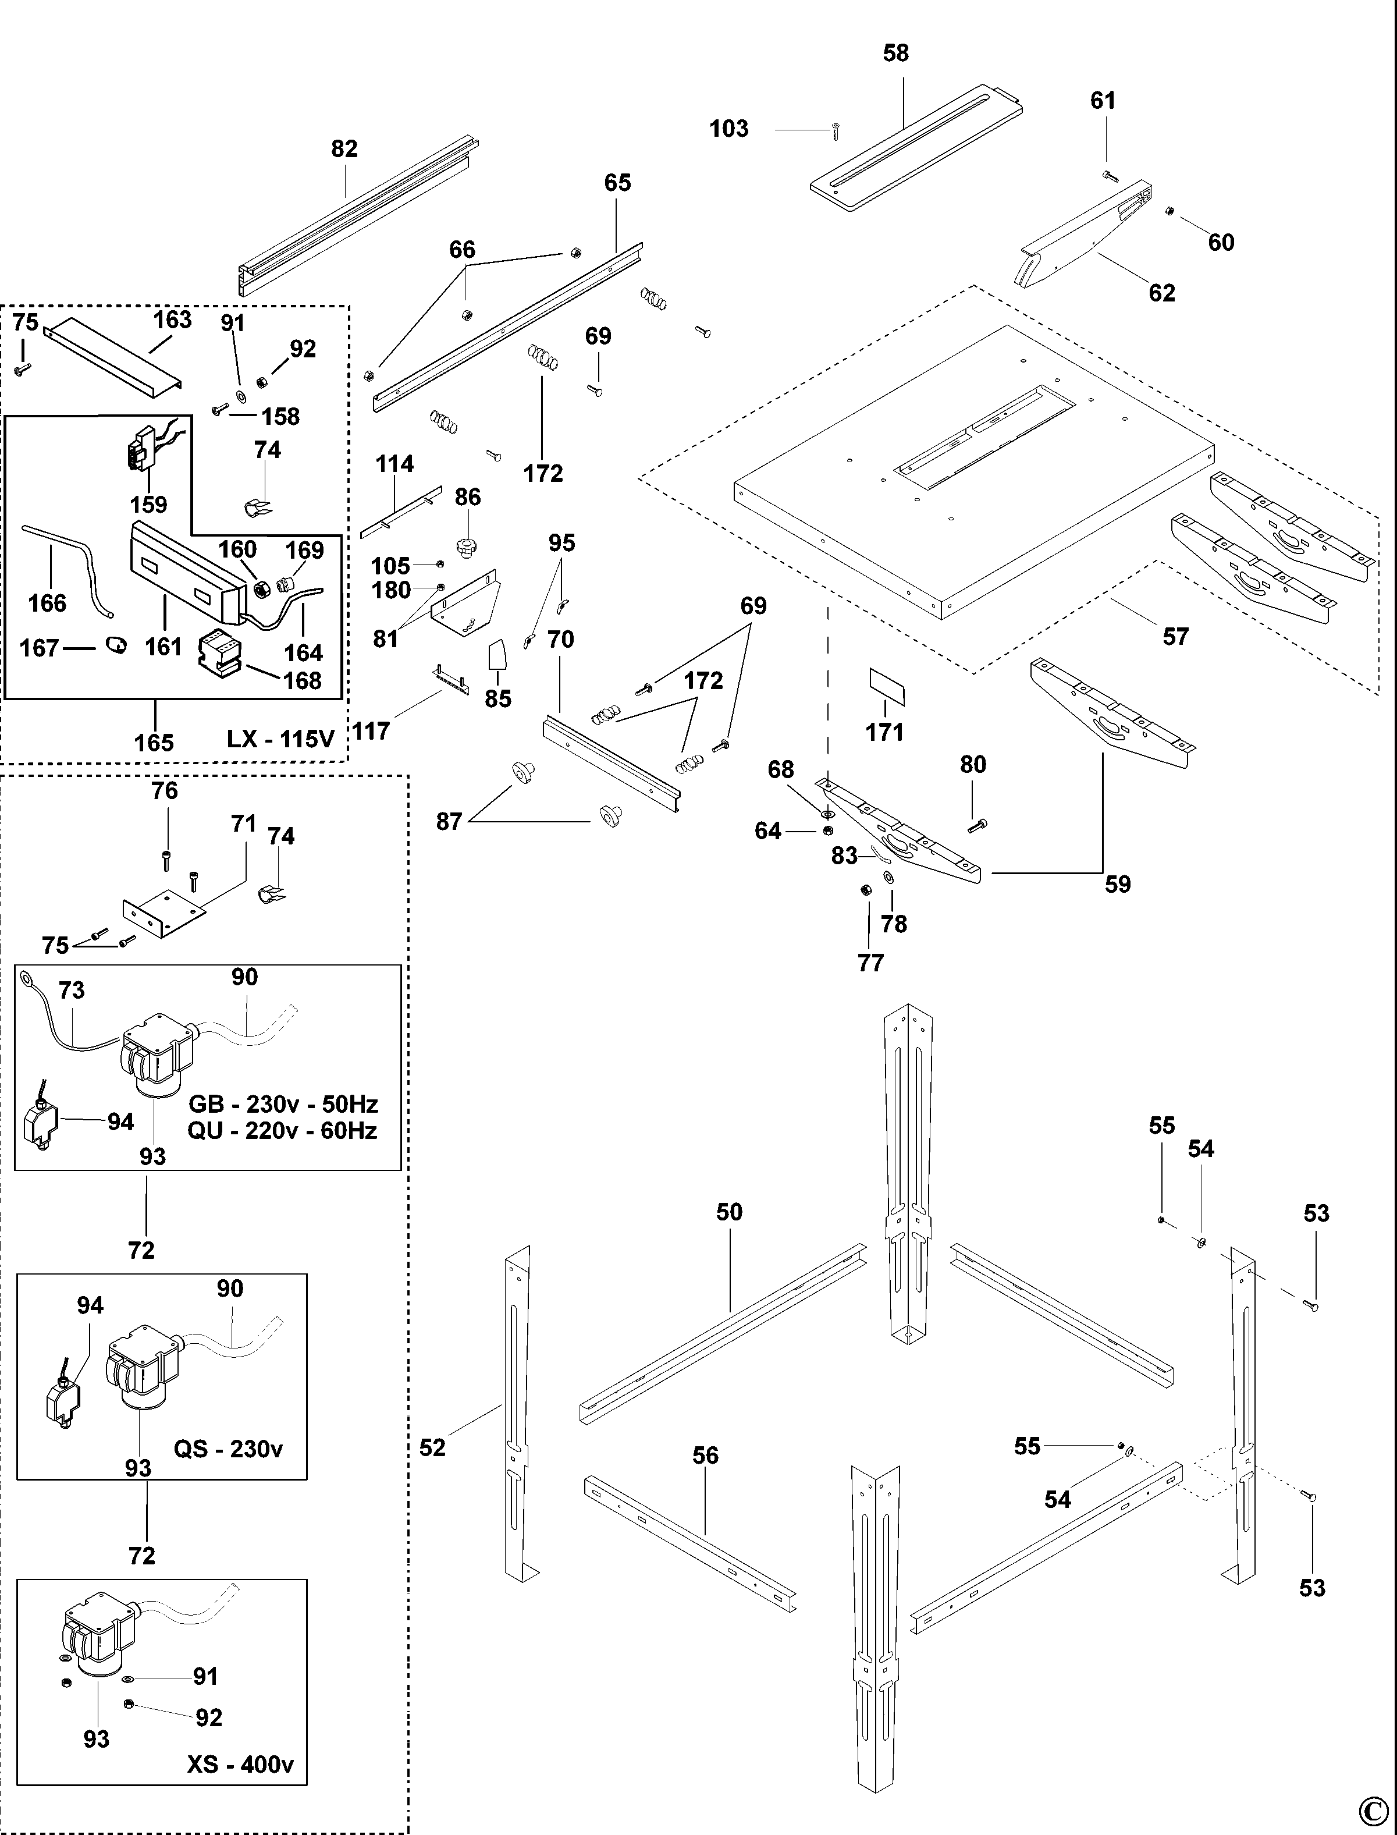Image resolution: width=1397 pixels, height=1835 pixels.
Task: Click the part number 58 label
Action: (x=895, y=53)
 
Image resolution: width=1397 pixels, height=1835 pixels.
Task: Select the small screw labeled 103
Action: (x=834, y=130)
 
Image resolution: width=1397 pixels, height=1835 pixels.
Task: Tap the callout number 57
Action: (x=1175, y=637)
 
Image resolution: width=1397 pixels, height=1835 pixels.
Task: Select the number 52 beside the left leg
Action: (x=432, y=1447)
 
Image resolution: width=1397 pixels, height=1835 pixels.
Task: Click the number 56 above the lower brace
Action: (x=705, y=1455)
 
